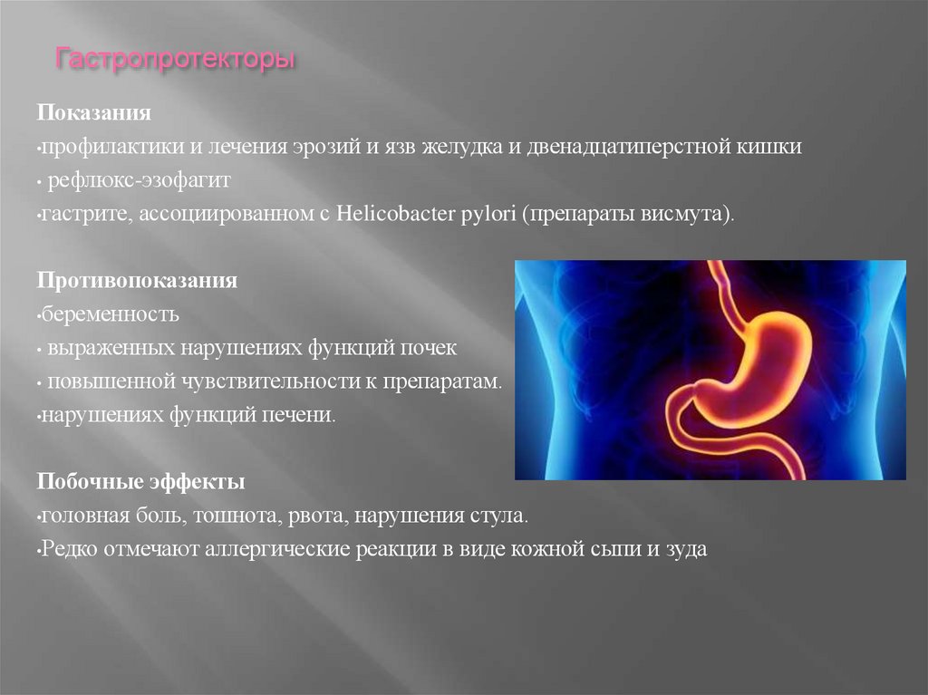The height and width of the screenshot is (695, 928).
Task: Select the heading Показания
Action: tap(93, 115)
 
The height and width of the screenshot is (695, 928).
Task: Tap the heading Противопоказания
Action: tap(137, 281)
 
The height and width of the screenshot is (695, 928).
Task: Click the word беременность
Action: tap(110, 314)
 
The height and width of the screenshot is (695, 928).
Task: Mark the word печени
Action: tap(306, 415)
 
